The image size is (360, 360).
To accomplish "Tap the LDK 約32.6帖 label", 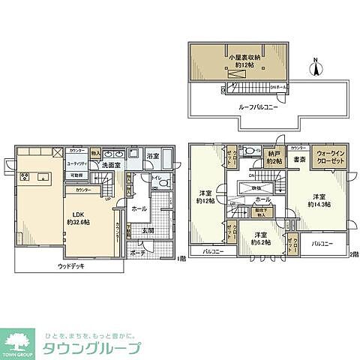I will tap(79, 217).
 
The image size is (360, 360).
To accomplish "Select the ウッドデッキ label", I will tap(72, 265).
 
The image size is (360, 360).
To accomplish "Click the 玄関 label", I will tap(148, 232).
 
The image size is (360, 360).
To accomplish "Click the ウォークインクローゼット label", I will tap(330, 155).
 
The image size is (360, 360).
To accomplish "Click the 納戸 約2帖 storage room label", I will tap(273, 159).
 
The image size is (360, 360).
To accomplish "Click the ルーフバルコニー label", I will tap(240, 107).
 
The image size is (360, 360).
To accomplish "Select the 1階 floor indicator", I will tap(181, 259).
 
